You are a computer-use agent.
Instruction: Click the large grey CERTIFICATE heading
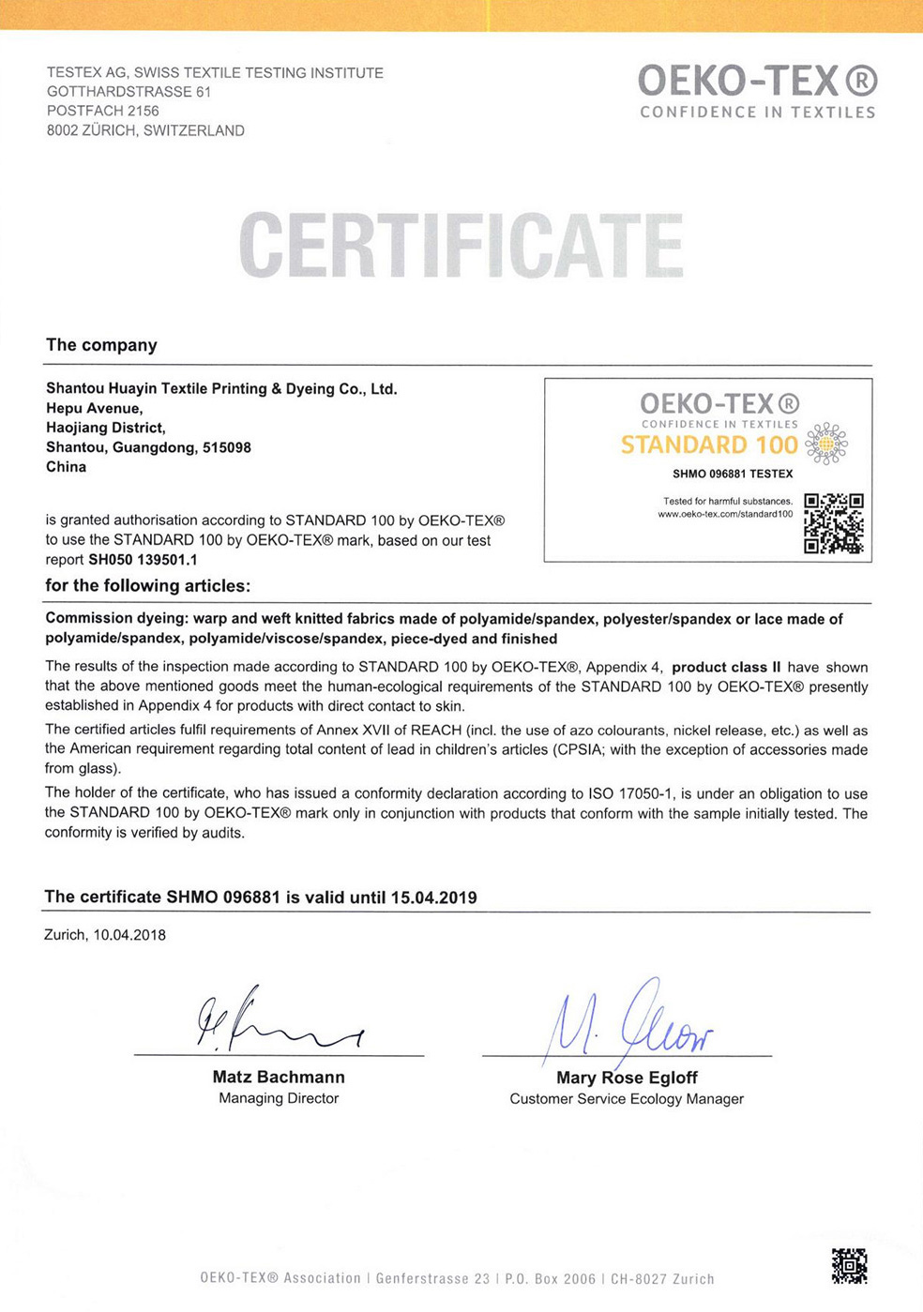pos(461,246)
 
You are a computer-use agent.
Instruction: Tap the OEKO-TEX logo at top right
pos(757,91)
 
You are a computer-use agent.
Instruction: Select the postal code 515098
pos(227,447)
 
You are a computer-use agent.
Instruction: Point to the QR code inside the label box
pos(833,523)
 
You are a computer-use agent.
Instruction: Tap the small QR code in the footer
pos(849,1265)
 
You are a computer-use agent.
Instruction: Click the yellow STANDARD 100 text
pos(708,445)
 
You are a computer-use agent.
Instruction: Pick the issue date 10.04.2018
pos(129,935)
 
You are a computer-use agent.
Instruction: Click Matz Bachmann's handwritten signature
pos(272,1020)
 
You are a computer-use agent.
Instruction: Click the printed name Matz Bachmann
pos(279,1077)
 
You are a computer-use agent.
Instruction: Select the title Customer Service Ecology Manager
pos(627,1098)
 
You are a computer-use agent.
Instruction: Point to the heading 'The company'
pos(101,345)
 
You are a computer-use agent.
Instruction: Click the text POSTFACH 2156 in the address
pos(103,111)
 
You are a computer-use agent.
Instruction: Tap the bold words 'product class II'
pos(726,667)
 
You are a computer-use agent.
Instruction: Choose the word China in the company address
pos(66,467)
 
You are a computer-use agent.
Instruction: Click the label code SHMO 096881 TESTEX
pos(733,474)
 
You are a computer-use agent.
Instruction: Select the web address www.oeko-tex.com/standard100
pos(725,514)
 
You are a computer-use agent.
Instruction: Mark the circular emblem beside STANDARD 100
pos(826,444)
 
